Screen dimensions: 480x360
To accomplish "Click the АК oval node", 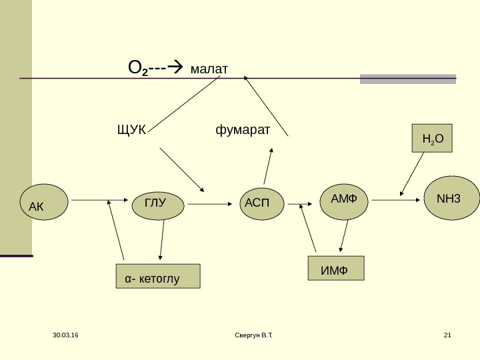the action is click(44, 202).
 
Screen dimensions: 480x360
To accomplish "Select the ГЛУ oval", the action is click(158, 206).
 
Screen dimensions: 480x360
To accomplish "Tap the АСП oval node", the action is click(262, 203).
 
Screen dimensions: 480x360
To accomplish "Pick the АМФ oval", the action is click(344, 202).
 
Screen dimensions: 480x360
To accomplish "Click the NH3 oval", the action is click(451, 198).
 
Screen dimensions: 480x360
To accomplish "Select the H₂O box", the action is click(432, 138).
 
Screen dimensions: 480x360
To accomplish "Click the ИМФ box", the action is click(336, 268).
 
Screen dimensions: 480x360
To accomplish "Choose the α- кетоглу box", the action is click(158, 276).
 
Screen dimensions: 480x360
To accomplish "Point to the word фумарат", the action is click(243, 130).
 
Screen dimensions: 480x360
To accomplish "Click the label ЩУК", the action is click(131, 130).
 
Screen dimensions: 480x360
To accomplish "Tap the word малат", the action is click(209, 69).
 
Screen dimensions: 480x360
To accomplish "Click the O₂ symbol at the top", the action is click(138, 67).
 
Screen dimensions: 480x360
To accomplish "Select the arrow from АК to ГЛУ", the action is click(100, 200).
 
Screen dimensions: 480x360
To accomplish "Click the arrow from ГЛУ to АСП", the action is click(210, 204).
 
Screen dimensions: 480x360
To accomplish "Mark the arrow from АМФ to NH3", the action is click(396, 200).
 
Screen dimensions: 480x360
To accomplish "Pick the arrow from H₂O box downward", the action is click(412, 174).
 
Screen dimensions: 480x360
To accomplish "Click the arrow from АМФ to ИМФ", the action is click(344, 236).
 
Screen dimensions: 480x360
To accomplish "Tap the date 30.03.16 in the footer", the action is click(65, 335).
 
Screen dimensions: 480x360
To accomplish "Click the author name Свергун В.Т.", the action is click(254, 335).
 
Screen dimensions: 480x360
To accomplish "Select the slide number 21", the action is click(447, 335).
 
